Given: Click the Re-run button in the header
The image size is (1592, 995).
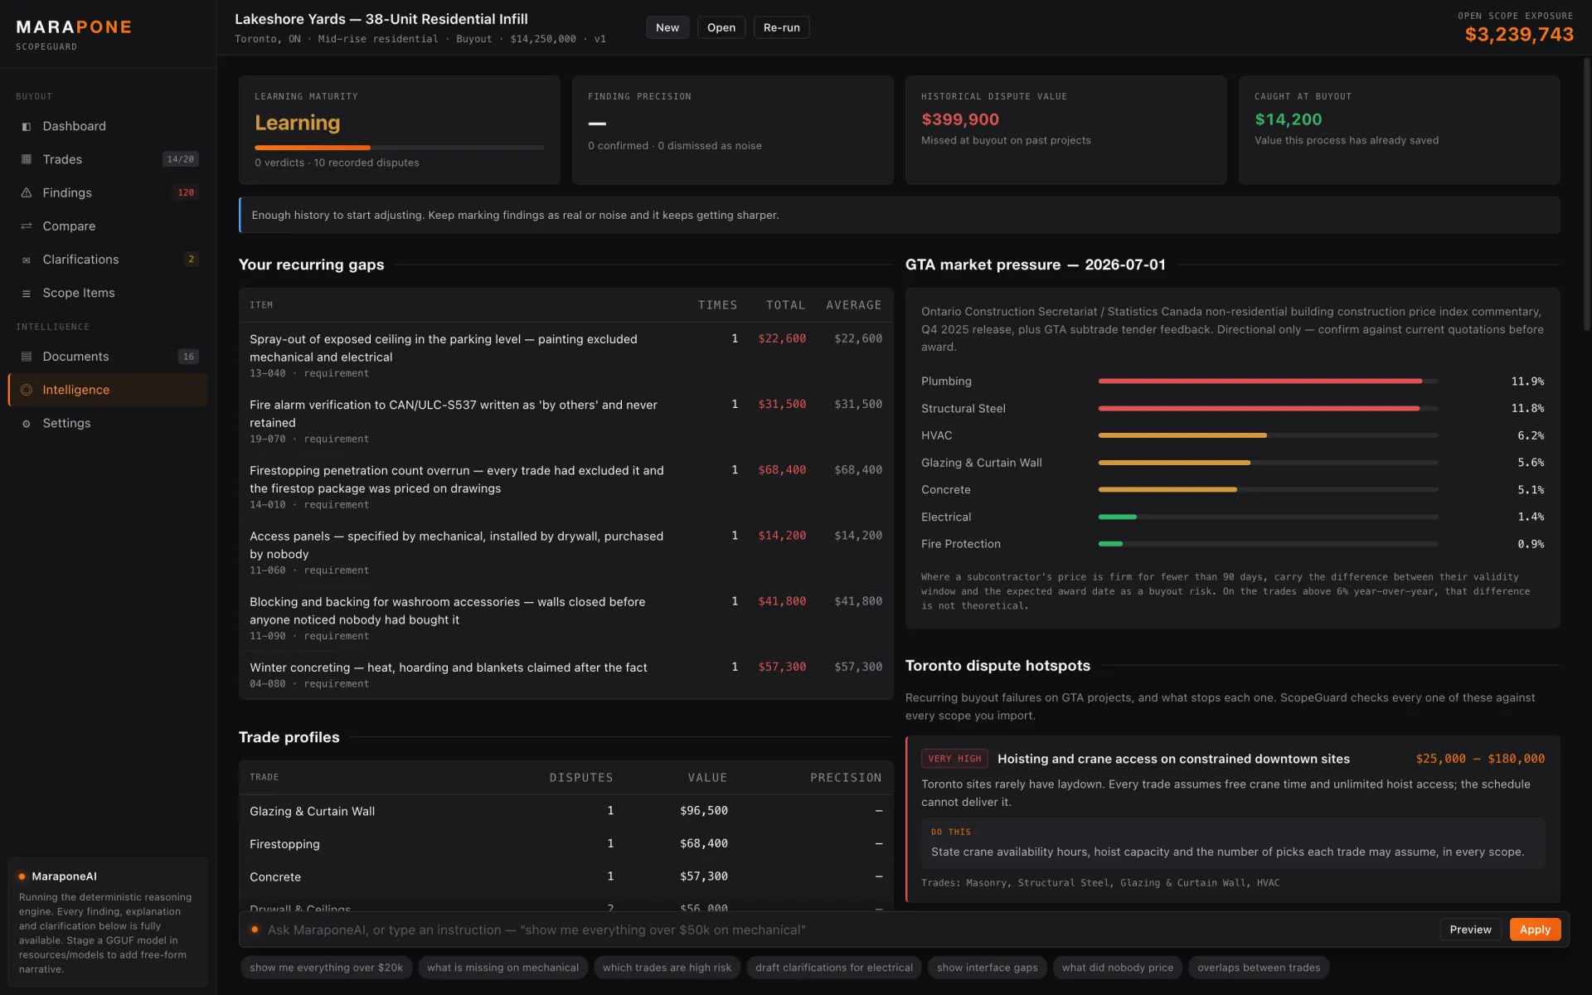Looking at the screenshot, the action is (x=781, y=27).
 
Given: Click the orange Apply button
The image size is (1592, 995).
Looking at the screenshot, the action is (x=1535, y=929).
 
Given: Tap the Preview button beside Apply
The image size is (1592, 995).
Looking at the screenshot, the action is (x=1470, y=929).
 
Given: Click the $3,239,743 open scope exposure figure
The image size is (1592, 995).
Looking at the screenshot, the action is (x=1519, y=35).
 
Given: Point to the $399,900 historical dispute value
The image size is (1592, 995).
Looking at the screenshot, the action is (x=960, y=119).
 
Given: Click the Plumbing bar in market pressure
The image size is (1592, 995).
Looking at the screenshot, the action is (x=1260, y=381).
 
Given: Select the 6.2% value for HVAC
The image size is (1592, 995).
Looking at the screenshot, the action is (x=1531, y=435).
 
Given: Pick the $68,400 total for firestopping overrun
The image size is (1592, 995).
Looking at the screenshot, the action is (x=782, y=470).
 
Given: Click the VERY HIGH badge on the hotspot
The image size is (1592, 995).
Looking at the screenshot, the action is (x=954, y=759).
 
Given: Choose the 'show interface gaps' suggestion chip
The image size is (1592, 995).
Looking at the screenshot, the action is (x=987, y=968).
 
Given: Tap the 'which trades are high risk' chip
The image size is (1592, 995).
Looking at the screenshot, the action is (x=667, y=968).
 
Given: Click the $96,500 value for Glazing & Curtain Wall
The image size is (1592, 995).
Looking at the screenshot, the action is (x=704, y=811).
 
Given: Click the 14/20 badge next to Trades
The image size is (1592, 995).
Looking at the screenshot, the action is (x=180, y=159).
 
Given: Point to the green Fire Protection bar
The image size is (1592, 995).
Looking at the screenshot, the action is (x=1110, y=544).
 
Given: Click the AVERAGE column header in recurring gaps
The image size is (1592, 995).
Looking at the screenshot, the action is (x=854, y=305).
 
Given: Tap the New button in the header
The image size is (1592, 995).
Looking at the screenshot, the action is (x=667, y=27).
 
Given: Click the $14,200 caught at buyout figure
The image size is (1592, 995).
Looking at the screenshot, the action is (x=1289, y=119).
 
